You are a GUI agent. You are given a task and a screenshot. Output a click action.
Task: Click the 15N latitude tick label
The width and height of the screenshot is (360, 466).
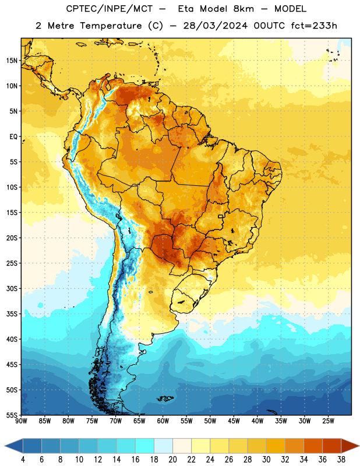click(x=12, y=61)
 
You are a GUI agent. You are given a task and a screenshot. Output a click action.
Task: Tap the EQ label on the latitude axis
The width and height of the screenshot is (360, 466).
click(x=13, y=137)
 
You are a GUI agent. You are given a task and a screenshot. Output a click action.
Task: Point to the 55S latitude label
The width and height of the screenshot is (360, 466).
click(x=12, y=415)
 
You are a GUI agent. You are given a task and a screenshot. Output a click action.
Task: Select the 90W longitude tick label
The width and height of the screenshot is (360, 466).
click(x=21, y=421)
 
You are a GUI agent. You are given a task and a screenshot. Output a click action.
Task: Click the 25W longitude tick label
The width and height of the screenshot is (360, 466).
click(x=328, y=421)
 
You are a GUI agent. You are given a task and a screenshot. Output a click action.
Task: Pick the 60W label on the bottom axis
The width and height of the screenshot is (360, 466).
click(x=163, y=421)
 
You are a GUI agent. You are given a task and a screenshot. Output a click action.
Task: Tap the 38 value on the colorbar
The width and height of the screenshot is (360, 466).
click(x=341, y=460)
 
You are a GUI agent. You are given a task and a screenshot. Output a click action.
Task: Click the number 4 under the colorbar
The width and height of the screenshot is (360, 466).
click(x=23, y=460)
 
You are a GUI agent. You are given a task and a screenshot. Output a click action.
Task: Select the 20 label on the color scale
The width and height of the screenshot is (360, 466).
click(x=172, y=460)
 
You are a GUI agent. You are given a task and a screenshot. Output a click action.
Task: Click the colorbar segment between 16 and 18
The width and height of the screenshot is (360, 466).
click(x=145, y=446)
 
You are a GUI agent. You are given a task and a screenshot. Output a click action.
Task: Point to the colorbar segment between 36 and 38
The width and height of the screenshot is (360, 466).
click(x=332, y=446)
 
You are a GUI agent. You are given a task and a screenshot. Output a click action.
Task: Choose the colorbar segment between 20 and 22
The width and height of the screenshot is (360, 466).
click(x=182, y=446)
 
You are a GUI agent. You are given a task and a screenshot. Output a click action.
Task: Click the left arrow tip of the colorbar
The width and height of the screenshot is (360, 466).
click(x=5, y=446)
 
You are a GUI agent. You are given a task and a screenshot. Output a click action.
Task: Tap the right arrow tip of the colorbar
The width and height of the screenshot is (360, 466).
click(x=359, y=446)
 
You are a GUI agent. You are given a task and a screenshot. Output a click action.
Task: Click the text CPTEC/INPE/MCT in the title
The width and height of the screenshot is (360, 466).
click(x=110, y=9)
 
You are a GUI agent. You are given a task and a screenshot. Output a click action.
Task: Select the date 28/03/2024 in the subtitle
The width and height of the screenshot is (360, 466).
click(x=215, y=26)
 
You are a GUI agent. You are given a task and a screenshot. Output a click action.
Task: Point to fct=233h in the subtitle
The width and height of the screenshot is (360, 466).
click(x=314, y=26)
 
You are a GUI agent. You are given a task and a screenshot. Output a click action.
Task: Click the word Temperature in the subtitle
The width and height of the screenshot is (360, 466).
click(x=111, y=26)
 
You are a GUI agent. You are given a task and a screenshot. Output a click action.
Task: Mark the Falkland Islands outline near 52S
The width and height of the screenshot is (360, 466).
click(x=165, y=398)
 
